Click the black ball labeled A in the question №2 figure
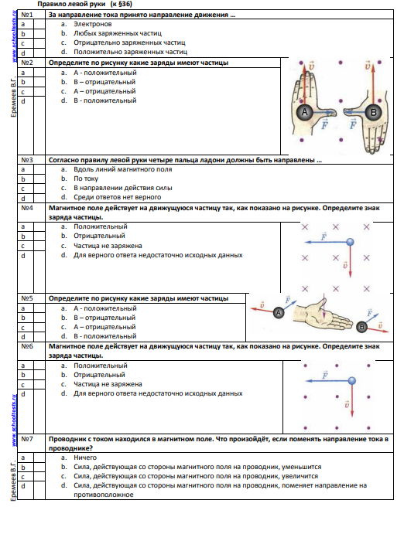tap(304, 112)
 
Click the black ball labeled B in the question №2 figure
tap(373, 112)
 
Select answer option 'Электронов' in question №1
tap(92, 24)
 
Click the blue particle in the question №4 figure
tap(350, 242)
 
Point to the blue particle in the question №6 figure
tap(352, 381)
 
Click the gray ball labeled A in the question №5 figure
tap(279, 312)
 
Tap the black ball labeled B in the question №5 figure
tap(361, 328)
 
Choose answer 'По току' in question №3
tap(86, 179)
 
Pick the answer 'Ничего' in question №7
tap(85, 457)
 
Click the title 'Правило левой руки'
tap(71, 4)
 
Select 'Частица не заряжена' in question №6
tap(108, 384)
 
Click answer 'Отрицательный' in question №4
tap(99, 236)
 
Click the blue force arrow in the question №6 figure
tap(327, 381)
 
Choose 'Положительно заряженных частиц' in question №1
tap(130, 52)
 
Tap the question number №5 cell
tap(32, 298)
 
